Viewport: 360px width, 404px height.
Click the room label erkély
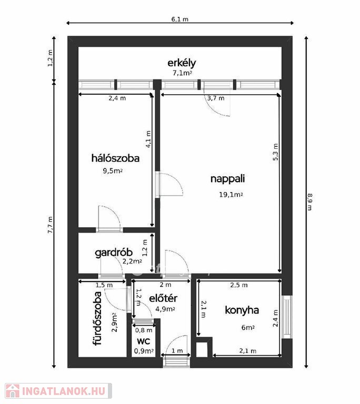coord(182,63)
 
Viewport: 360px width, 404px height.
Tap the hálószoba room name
coord(115,158)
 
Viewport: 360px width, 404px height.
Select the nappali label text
coord(227,179)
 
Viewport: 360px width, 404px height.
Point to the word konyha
coord(242,310)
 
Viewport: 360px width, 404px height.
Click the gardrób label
coord(114,253)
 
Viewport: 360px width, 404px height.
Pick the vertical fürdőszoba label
coord(97,318)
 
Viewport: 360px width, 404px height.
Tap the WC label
coord(143,341)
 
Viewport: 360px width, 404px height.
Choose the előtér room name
coord(163,298)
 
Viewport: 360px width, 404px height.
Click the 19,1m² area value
coord(231,195)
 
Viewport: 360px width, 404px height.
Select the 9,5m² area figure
coord(113,171)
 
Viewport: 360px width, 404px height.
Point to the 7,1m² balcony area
coord(182,73)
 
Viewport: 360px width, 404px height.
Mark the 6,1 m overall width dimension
coord(180,19)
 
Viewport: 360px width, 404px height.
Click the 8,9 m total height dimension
coord(309,202)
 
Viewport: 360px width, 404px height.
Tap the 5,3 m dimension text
coord(275,152)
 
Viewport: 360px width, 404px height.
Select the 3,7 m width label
coord(216,98)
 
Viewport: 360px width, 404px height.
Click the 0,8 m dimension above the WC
coord(144,330)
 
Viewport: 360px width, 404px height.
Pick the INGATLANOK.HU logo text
coord(64,391)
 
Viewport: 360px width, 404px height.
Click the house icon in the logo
coord(13,391)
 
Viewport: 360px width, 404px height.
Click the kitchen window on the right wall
coord(287,317)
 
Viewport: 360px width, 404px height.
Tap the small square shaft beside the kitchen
coord(202,349)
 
